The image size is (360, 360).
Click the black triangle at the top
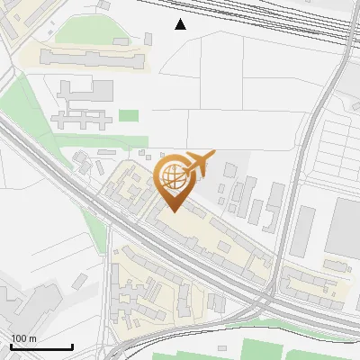(x=181, y=24)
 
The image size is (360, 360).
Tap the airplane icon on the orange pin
(x=200, y=165)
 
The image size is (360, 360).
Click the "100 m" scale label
(x=23, y=338)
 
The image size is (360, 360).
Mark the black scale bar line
(x=41, y=346)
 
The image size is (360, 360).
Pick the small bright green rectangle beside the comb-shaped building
(x=129, y=115)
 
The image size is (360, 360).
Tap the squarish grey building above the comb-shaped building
(x=100, y=89)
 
